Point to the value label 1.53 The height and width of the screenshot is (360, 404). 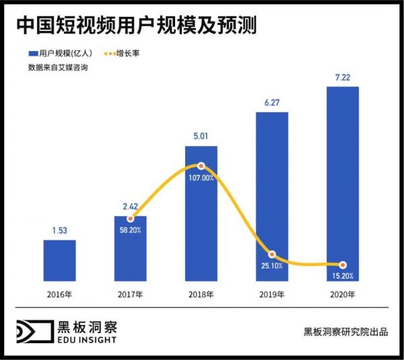[x=59, y=231]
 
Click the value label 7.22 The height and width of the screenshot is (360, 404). [x=343, y=78]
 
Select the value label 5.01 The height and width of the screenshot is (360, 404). [x=201, y=137]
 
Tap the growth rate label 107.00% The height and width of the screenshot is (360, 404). [x=201, y=178]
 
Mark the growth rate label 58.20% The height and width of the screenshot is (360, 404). [x=130, y=231]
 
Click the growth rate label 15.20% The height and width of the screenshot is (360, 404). [x=343, y=276]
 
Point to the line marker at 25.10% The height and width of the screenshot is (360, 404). [x=272, y=254]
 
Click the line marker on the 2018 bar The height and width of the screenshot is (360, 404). [x=201, y=166]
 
